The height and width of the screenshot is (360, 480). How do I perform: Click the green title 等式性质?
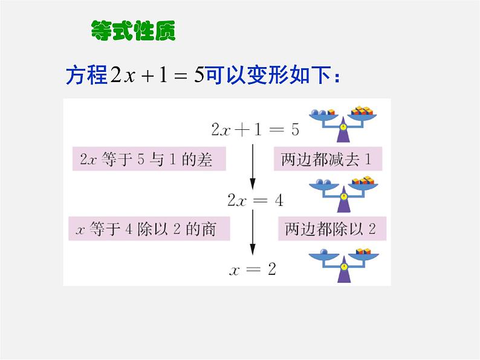point(133,30)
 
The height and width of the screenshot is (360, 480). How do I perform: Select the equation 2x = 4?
point(255,201)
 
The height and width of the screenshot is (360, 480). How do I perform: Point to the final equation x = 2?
point(253,269)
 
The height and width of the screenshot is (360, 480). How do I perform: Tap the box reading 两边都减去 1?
point(330,159)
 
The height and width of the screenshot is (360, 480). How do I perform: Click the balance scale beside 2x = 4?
point(343,193)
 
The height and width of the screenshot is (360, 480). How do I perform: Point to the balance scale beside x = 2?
point(343,265)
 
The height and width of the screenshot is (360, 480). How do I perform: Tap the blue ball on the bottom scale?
point(325,252)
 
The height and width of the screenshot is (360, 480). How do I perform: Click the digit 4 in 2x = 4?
point(278,201)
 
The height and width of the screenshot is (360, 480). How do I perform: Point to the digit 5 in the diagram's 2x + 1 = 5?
point(295,130)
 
